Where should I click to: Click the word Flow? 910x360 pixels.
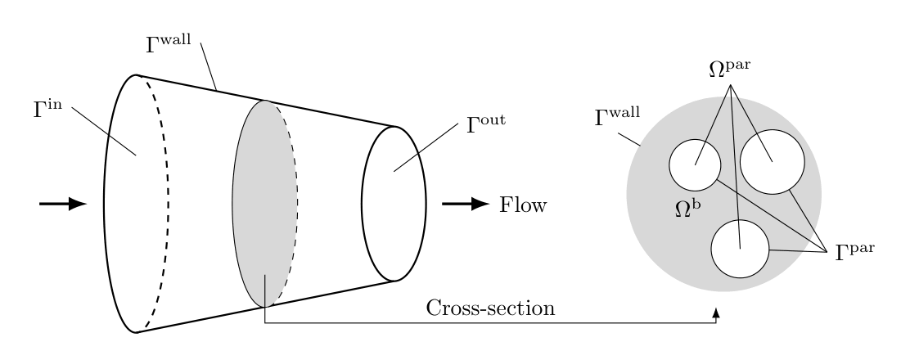[x=523, y=205]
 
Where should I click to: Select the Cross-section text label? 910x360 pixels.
[x=491, y=308]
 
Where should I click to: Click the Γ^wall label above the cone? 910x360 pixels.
[x=169, y=43]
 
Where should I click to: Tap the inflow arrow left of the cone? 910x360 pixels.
[x=63, y=204]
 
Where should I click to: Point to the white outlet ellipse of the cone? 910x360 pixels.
[x=394, y=204]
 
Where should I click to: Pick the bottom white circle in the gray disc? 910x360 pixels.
[x=740, y=250]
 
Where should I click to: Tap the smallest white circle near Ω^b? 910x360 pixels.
[x=695, y=164]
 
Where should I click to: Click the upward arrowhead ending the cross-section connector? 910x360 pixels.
[x=717, y=313]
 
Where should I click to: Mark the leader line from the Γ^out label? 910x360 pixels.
[x=426, y=147]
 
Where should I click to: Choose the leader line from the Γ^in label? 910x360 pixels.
[x=103, y=131]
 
